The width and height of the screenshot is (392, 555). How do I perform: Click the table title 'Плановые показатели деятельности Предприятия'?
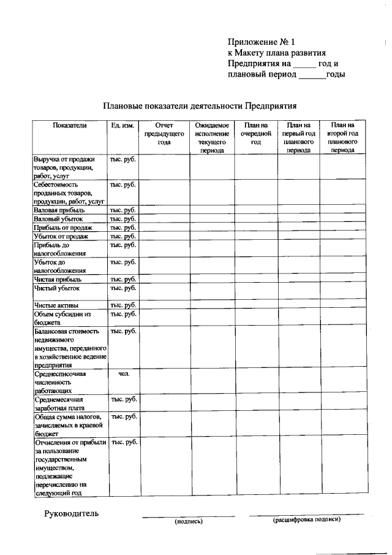(x=200, y=105)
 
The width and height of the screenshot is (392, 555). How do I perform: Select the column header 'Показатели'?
(x=70, y=125)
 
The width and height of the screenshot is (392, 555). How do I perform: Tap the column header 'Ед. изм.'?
(x=123, y=125)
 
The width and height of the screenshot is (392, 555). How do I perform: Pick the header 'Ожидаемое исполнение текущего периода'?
(x=212, y=137)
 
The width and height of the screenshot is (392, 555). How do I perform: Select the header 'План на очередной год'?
(x=256, y=133)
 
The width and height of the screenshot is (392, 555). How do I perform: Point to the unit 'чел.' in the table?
(x=123, y=373)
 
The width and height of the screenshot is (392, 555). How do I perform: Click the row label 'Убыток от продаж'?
(x=61, y=236)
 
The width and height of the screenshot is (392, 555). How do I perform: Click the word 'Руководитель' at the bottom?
(x=70, y=513)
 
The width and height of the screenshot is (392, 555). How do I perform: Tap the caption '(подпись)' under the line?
(x=189, y=522)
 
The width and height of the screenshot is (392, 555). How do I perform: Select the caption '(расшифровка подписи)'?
(x=306, y=519)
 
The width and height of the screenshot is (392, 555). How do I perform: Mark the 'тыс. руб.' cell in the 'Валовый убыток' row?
(x=123, y=219)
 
